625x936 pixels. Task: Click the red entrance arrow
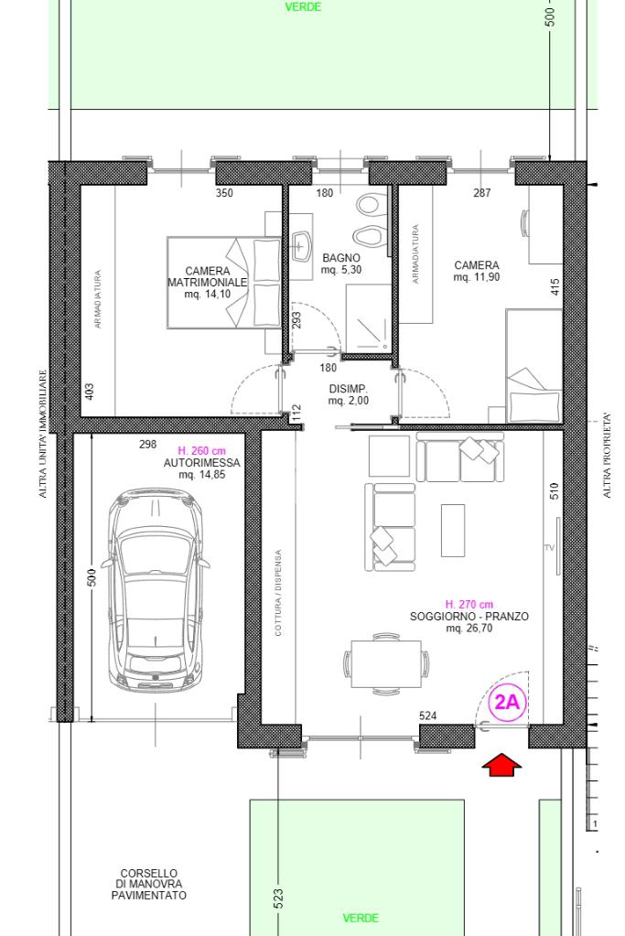pyautogui.click(x=501, y=765)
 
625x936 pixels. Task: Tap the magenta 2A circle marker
pyautogui.click(x=507, y=702)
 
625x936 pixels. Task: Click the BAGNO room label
pyautogui.click(x=341, y=258)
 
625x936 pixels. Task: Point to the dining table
pyautogui.click(x=386, y=663)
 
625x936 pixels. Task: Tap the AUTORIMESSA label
pyautogui.click(x=201, y=463)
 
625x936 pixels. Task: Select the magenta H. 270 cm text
pyautogui.click(x=469, y=604)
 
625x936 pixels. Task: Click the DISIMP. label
pyautogui.click(x=348, y=389)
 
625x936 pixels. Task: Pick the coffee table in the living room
pyautogui.click(x=453, y=530)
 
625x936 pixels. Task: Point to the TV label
pyautogui.click(x=549, y=547)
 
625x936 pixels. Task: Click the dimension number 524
pyautogui.click(x=428, y=715)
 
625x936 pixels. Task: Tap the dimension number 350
pyautogui.click(x=224, y=193)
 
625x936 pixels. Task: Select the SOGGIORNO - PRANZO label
pyautogui.click(x=469, y=617)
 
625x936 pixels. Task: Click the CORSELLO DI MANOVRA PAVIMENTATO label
pyautogui.click(x=148, y=884)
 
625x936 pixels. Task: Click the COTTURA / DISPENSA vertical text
pyautogui.click(x=278, y=593)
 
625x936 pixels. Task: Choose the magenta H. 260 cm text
pyautogui.click(x=201, y=451)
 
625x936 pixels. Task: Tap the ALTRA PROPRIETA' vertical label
pyautogui.click(x=607, y=456)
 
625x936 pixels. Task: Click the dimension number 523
pyautogui.click(x=279, y=899)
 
